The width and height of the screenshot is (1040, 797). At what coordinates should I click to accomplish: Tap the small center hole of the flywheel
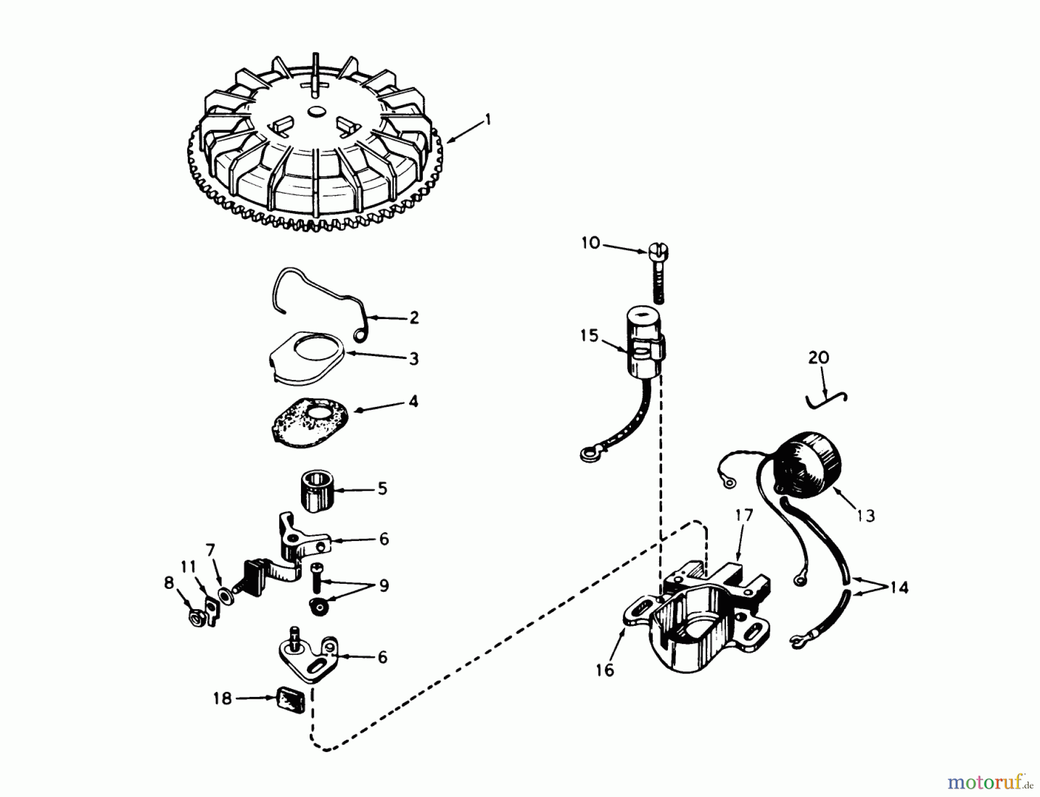(x=316, y=111)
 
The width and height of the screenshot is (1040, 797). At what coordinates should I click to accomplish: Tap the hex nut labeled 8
(x=196, y=619)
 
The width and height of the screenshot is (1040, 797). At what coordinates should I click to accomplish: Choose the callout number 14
(x=899, y=588)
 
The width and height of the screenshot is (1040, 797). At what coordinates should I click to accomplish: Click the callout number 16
(x=605, y=670)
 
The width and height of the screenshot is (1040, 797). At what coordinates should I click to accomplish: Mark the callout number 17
(x=745, y=516)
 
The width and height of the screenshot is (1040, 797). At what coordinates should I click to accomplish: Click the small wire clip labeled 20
(x=827, y=399)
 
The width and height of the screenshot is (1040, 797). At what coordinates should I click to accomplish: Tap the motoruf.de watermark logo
(x=990, y=783)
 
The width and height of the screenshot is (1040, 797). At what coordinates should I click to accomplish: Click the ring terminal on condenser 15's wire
(x=588, y=456)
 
